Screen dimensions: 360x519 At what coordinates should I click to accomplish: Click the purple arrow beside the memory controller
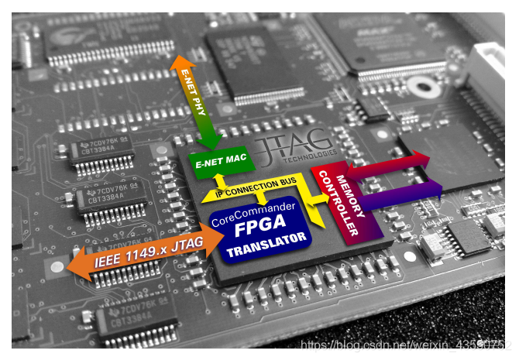403,194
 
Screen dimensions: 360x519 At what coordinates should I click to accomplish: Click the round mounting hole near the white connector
424,85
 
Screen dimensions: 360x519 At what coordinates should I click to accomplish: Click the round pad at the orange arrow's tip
56,267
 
